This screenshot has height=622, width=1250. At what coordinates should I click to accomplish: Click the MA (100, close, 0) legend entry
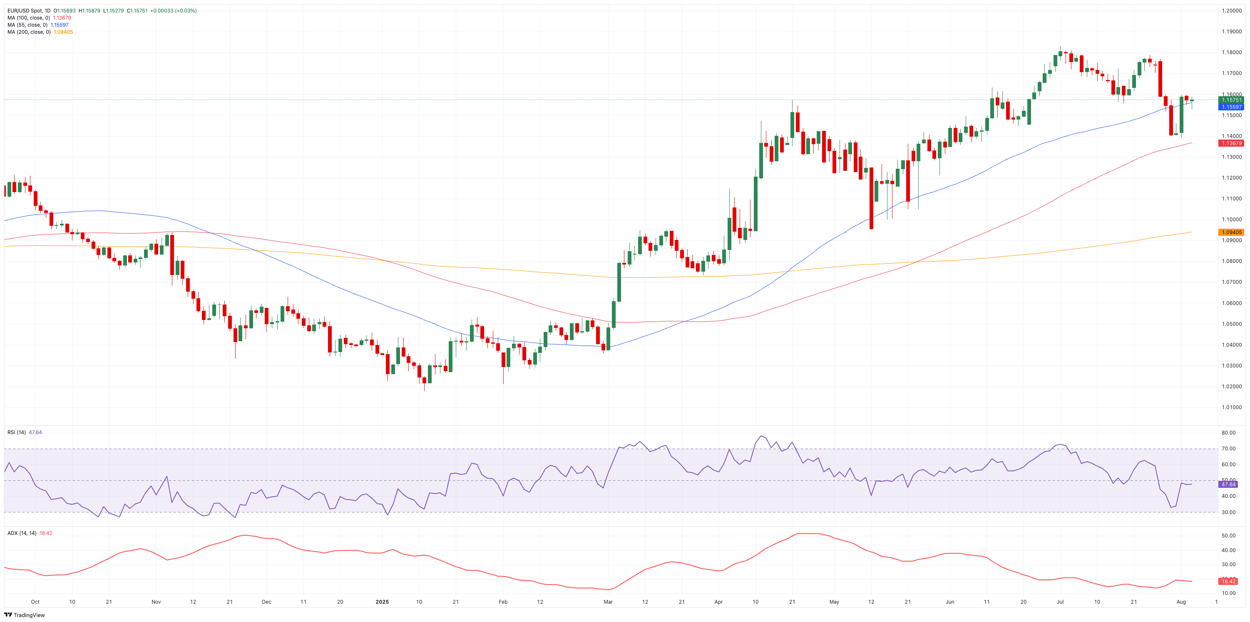[29, 18]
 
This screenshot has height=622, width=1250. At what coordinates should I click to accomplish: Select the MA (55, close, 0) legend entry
[27, 25]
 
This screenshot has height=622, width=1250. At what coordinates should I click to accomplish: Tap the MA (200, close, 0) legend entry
[29, 32]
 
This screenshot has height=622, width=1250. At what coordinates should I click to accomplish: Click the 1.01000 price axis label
[1232, 407]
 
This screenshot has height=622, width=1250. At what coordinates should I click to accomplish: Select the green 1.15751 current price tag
[1232, 100]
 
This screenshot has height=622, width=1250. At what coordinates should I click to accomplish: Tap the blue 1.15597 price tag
[1232, 107]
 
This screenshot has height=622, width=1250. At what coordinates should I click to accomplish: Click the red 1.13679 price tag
[1232, 143]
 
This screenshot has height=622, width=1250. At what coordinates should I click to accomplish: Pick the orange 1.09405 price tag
[1232, 232]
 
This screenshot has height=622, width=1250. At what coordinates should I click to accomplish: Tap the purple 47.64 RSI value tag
[1228, 484]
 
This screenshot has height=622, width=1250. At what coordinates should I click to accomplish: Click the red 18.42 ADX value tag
[1228, 581]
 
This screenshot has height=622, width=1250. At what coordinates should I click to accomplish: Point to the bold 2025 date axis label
[382, 602]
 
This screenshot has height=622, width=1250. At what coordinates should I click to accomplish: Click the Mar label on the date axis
[608, 602]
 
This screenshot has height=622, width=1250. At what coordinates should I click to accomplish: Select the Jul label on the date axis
[1060, 602]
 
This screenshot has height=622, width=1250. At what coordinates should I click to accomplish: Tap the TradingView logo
[24, 615]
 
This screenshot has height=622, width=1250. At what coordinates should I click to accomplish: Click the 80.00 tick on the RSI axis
[1228, 432]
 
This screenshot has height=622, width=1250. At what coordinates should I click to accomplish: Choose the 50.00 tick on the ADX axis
[1228, 536]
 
